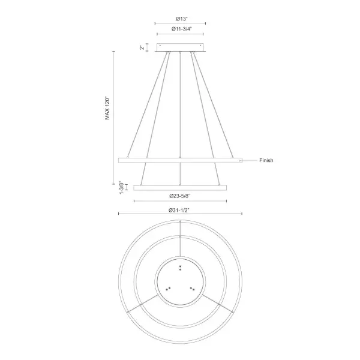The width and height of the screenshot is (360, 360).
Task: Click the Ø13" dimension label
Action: click(179, 18)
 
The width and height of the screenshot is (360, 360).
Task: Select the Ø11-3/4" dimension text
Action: click(179, 31)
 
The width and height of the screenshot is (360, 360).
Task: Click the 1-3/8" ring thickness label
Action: click(121, 187)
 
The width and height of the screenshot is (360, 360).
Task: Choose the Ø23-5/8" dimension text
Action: click(180, 196)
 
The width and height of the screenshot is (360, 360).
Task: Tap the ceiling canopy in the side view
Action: click(180, 47)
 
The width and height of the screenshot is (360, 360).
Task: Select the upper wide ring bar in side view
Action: click(180, 160)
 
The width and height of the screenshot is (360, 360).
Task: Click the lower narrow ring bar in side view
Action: click(180, 187)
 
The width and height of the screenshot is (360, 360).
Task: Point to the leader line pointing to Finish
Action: click(249, 160)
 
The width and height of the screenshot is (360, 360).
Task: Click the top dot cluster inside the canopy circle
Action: click(180, 267)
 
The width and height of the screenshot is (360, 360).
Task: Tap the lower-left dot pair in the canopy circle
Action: click(167, 289)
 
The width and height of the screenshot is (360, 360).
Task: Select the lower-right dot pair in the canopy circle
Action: click(193, 289)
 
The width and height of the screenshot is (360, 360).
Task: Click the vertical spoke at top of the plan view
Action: click(180, 231)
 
